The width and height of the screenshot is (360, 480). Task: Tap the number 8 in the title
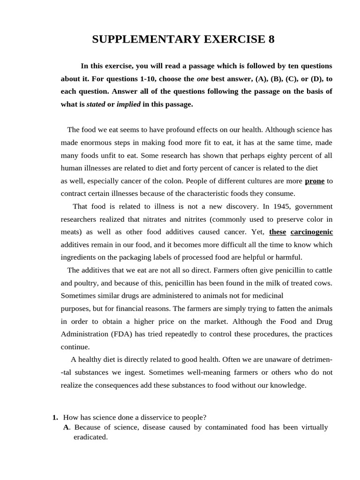point(271,39)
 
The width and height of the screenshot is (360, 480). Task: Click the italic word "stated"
point(96,105)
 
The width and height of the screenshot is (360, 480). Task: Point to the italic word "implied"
point(128,105)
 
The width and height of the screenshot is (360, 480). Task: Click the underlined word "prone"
point(315,181)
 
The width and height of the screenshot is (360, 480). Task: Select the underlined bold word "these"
point(277,232)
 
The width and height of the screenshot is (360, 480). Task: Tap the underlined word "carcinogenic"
point(312,232)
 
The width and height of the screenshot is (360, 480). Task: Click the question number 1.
point(55,418)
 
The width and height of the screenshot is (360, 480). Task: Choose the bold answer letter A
point(66,427)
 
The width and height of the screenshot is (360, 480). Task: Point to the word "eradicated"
point(90,437)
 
